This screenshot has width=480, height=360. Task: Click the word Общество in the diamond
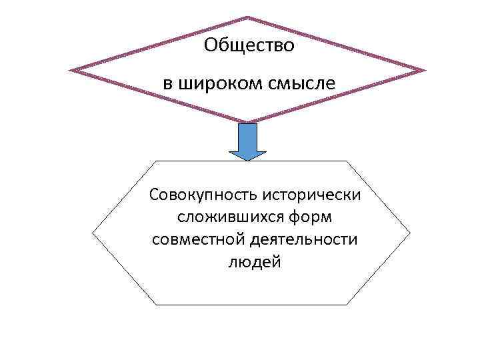click(249, 45)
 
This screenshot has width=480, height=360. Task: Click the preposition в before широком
click(168, 85)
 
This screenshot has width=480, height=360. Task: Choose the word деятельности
click(305, 239)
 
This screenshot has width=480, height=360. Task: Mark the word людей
click(255, 262)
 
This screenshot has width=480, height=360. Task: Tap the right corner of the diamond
click(423, 70)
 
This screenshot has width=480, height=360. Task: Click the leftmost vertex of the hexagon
click(93, 233)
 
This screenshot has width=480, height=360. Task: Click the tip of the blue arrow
click(247, 160)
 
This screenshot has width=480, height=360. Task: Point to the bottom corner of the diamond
click(247, 122)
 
